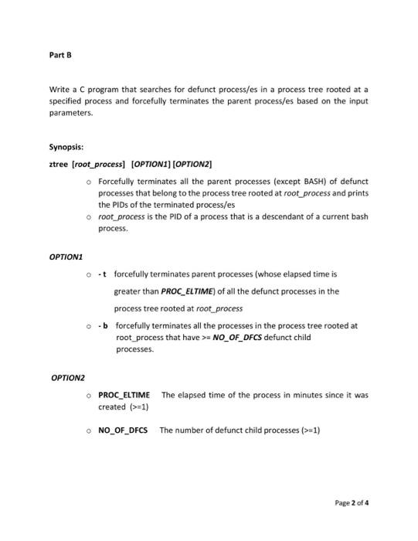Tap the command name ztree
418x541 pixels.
click(58, 164)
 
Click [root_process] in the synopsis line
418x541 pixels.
click(100, 164)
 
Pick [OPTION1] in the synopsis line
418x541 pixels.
click(154, 164)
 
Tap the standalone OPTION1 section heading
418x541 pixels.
click(65, 254)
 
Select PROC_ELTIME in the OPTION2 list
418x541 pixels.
click(124, 395)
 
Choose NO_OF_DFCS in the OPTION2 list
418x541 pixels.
click(123, 430)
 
